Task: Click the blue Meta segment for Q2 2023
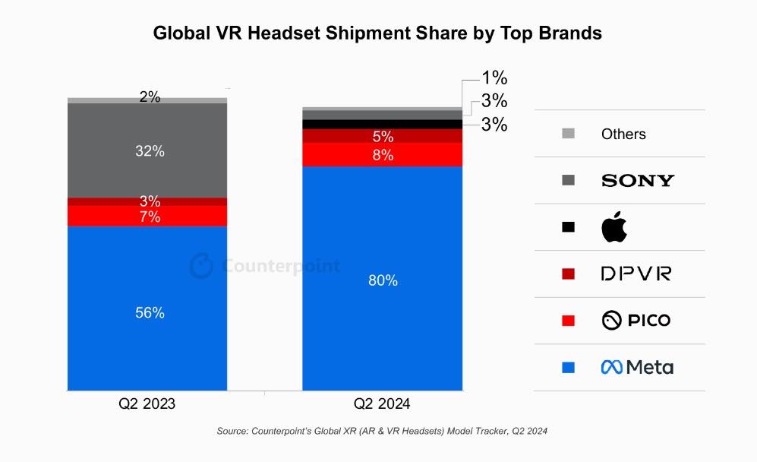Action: click(x=147, y=308)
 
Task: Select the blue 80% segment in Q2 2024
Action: click(x=383, y=278)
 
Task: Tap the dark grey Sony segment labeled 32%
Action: click(x=147, y=150)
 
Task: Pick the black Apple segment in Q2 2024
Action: click(x=383, y=124)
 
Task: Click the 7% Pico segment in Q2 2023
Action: click(x=147, y=216)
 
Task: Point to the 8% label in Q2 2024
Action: click(x=383, y=155)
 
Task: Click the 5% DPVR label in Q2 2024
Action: click(x=383, y=136)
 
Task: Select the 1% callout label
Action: click(x=494, y=78)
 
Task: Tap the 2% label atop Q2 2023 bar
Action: click(x=150, y=97)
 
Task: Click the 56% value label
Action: click(x=150, y=312)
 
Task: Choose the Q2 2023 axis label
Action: click(x=147, y=403)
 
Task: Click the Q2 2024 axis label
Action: click(x=382, y=403)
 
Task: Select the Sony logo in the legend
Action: click(x=638, y=181)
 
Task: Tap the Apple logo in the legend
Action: click(x=614, y=226)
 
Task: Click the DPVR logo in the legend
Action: click(x=636, y=274)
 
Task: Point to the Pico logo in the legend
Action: click(x=636, y=320)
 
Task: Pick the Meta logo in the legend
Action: click(x=637, y=367)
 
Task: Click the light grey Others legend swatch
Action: click(x=568, y=134)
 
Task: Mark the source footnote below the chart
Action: click(x=382, y=431)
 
